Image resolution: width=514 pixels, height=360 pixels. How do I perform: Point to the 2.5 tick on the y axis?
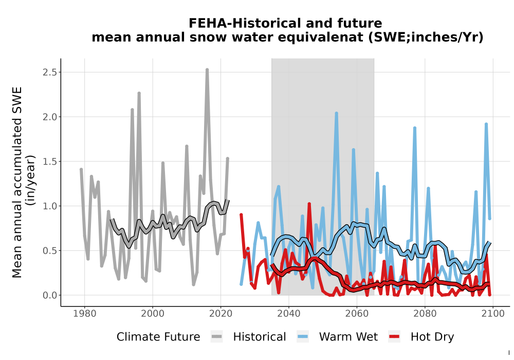(50, 72)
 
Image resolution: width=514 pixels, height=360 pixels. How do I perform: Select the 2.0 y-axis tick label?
(50, 117)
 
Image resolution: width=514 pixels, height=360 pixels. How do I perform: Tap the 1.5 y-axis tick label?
(50, 161)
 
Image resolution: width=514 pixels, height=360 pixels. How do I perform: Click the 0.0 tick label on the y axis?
(50, 295)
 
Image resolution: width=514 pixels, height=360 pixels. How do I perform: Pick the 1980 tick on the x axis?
(85, 313)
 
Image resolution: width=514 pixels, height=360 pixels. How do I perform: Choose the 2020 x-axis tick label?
(221, 313)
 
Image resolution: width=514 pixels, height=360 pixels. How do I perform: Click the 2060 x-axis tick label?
(357, 313)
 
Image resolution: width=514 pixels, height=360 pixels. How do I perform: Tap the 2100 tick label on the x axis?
(493, 313)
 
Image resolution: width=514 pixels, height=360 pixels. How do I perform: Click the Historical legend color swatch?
(217, 336)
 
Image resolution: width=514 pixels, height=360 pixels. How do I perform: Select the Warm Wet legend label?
(348, 337)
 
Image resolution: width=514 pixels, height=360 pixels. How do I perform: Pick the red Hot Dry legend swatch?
(394, 336)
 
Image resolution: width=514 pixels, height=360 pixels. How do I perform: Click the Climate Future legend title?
(158, 337)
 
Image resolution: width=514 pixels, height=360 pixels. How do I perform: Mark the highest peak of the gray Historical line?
(207, 70)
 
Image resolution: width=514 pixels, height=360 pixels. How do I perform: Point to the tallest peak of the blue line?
(336, 114)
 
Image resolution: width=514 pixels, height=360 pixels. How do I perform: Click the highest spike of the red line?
(309, 204)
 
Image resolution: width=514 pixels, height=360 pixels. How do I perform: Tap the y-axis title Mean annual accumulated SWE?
(17, 182)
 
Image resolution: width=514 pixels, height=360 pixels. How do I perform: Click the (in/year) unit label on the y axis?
(31, 181)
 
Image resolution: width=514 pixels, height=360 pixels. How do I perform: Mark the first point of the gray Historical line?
(81, 170)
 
